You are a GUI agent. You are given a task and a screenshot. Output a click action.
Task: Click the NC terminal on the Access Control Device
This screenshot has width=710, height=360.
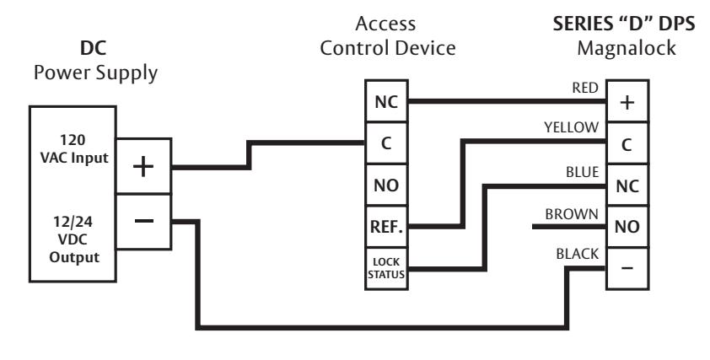click(x=386, y=101)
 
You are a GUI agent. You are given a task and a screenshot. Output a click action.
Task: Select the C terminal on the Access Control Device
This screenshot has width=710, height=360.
click(x=386, y=143)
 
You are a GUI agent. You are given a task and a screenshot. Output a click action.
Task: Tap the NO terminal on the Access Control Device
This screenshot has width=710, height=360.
click(x=386, y=185)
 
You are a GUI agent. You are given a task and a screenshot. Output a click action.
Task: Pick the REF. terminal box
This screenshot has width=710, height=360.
click(x=386, y=227)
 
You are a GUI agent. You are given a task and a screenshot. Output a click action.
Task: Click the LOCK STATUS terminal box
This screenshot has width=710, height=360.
click(x=386, y=268)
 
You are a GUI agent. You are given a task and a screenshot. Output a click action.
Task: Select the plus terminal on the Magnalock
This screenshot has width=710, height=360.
click(x=627, y=101)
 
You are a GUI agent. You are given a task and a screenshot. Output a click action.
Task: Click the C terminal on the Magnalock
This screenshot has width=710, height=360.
click(x=627, y=143)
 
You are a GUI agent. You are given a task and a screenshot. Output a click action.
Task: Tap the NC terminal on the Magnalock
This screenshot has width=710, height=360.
click(x=627, y=185)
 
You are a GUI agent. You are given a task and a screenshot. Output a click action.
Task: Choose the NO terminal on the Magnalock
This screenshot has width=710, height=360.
click(x=627, y=227)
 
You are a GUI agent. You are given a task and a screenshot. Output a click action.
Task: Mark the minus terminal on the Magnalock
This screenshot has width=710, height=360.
click(x=627, y=268)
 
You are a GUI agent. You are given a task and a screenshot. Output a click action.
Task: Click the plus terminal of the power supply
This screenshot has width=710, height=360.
click(x=143, y=166)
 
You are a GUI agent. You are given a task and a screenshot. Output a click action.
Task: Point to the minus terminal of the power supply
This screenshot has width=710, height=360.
click(x=143, y=222)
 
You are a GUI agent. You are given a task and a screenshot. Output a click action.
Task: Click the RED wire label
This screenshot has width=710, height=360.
click(x=585, y=88)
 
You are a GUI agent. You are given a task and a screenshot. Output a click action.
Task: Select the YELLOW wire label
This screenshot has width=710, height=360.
click(x=571, y=127)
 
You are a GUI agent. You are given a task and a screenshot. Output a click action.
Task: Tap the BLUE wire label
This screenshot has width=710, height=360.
click(x=583, y=172)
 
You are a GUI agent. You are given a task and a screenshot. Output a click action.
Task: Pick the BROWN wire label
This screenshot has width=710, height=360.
click(x=572, y=214)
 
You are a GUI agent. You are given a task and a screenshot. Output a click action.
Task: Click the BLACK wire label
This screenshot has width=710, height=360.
click(x=578, y=254)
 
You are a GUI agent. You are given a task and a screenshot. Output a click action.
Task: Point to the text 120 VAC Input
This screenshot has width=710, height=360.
click(x=74, y=148)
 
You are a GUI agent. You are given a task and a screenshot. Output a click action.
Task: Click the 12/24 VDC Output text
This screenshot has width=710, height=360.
click(x=74, y=239)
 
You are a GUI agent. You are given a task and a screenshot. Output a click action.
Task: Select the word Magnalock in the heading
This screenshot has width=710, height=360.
click(x=627, y=48)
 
